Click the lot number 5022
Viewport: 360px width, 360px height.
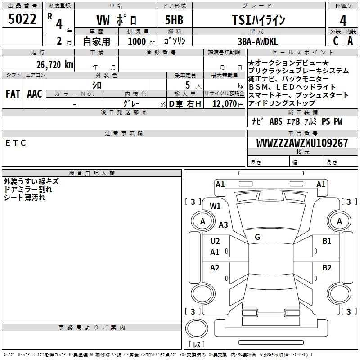coord(22,19)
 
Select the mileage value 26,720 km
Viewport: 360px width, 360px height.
coord(51,64)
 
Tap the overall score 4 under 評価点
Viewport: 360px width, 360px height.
coord(343,20)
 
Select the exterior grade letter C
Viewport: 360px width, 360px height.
coord(335,41)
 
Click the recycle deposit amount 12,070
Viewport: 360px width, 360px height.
coord(225,104)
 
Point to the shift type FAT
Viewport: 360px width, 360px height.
coord(13,94)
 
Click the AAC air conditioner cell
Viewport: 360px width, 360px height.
coord(34,94)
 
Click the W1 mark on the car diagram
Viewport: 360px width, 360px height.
coord(215,206)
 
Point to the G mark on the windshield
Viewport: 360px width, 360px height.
coord(257,237)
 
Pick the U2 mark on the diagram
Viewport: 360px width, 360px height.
coord(215,241)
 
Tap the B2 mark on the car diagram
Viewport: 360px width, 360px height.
coord(327,268)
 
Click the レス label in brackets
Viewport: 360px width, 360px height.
coord(198,344)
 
